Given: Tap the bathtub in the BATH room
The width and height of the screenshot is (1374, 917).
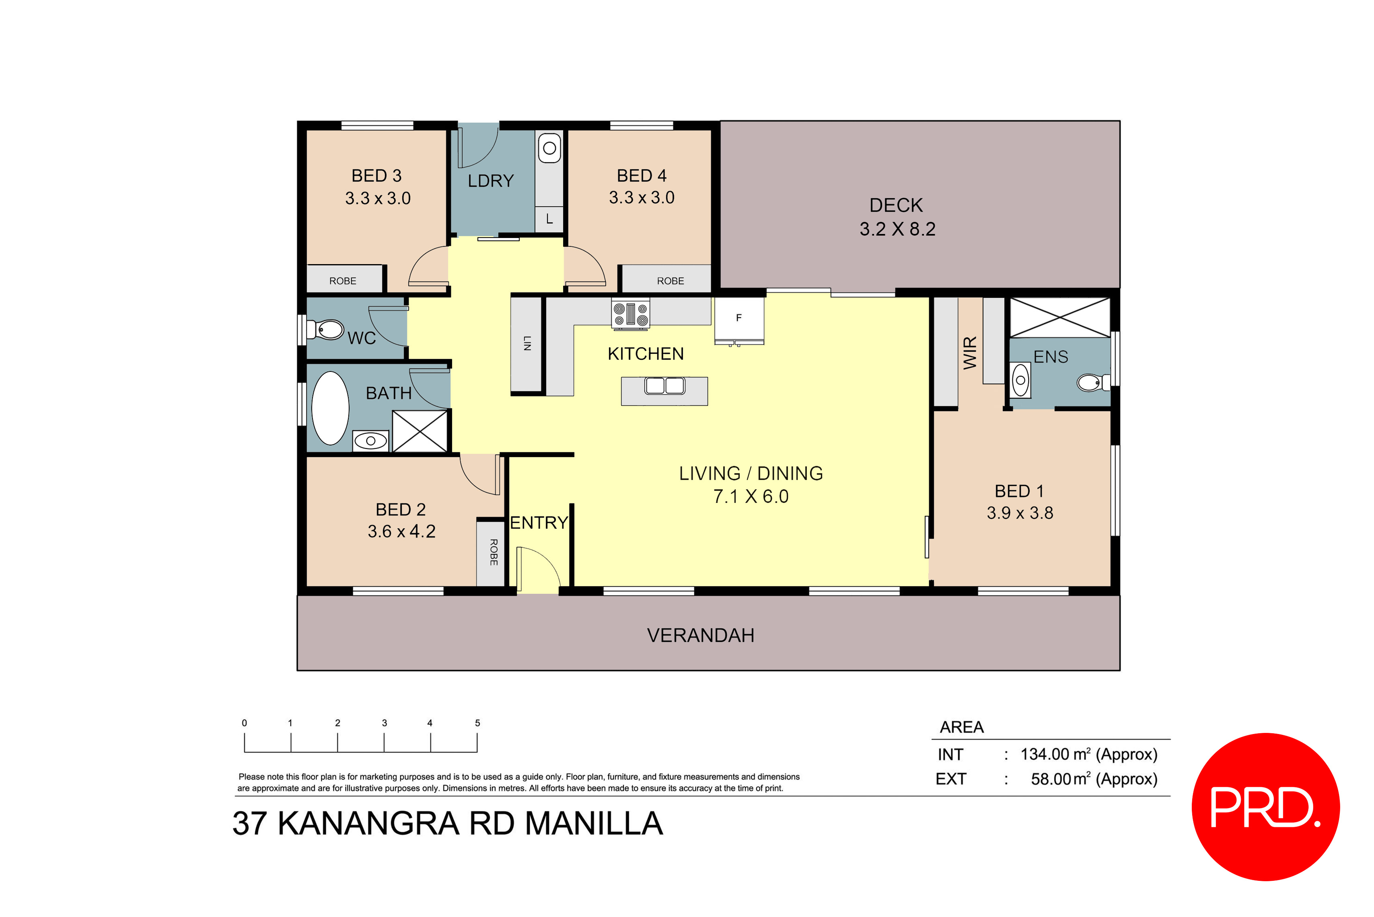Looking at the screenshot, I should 330,408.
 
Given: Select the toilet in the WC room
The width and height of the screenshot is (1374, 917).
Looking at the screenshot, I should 327,329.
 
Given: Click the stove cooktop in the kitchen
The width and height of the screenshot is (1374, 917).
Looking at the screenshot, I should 630,314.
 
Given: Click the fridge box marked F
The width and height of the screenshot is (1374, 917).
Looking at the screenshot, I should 739,319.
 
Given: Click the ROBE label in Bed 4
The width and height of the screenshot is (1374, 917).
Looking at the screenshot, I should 670,281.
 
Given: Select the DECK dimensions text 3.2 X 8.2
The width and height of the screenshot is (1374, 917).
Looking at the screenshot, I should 897,229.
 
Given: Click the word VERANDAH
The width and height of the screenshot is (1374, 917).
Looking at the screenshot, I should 700,635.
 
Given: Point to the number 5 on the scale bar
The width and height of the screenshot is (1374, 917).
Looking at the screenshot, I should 477,723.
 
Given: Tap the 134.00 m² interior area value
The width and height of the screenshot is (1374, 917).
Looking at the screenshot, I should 1054,755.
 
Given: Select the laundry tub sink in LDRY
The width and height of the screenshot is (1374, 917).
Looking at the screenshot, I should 549,148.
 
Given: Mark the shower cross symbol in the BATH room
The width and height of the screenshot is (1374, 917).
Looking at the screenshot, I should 420,431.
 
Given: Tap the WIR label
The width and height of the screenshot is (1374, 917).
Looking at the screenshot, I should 970,352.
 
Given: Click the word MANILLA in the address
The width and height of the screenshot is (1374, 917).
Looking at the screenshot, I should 594,823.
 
